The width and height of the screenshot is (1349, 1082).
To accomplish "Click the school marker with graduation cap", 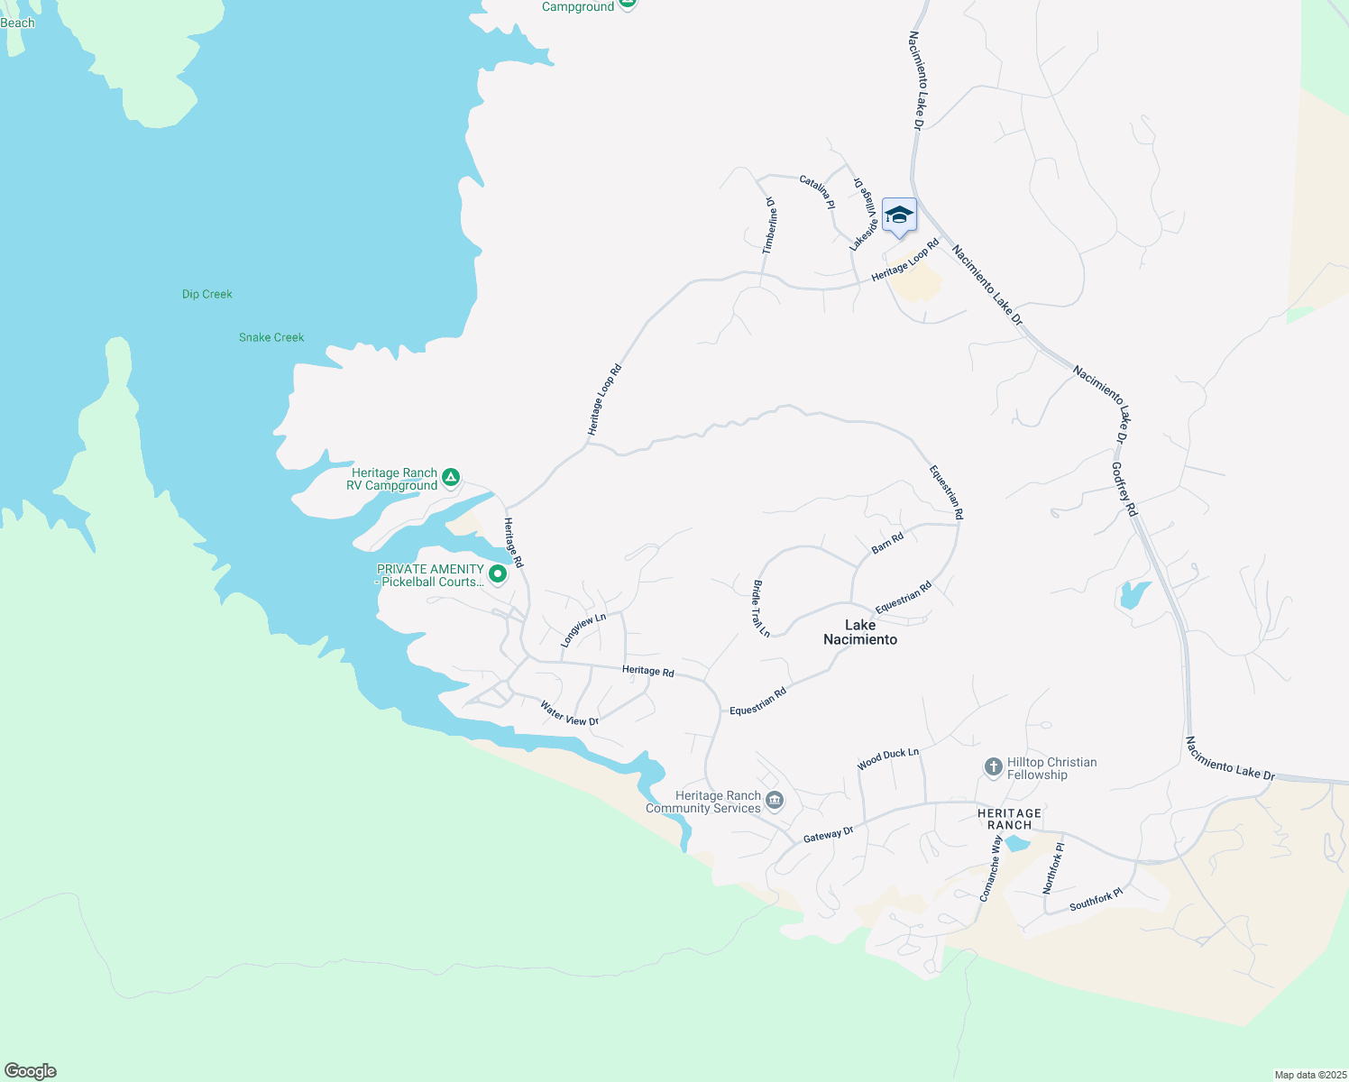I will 899,216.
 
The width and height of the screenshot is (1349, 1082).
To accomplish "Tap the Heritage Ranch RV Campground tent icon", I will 452,477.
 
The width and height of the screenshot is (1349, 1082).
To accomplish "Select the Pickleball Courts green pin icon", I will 497,573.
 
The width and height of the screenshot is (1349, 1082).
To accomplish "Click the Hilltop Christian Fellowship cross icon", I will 993,767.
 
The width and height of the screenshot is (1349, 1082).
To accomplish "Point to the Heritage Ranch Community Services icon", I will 775,800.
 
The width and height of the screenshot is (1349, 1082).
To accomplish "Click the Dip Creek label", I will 207,294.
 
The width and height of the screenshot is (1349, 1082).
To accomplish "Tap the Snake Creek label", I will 271,337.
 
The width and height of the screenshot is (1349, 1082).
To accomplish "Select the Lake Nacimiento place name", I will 860,632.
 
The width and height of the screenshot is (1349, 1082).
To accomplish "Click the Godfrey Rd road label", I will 1124,490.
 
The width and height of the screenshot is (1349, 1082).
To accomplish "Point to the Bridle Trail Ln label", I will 761,609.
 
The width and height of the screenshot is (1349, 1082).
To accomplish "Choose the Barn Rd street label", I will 887,544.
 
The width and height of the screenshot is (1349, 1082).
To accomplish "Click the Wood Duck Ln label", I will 888,758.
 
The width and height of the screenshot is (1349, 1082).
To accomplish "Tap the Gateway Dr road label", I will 828,835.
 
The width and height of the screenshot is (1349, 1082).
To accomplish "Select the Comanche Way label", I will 990,867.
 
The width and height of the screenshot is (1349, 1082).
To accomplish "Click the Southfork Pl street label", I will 1096,899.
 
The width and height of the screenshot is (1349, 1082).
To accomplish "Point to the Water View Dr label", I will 569,713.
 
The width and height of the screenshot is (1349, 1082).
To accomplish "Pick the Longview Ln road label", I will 583,629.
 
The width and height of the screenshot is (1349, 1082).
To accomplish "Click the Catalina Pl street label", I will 818,192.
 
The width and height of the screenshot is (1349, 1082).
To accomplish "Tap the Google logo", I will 31,1071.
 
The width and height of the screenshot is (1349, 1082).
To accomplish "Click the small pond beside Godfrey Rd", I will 1133,595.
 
